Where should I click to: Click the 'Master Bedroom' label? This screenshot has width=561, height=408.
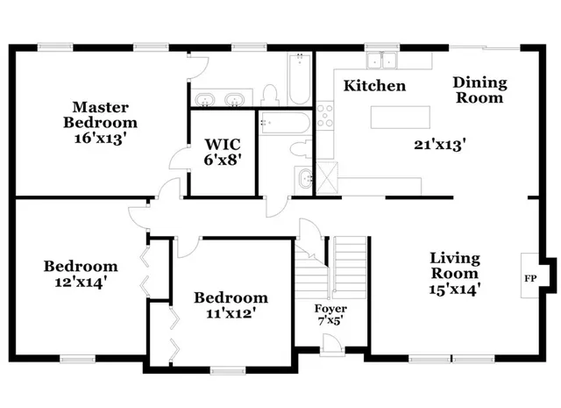[104, 114]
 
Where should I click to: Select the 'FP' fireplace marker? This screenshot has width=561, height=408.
[530, 278]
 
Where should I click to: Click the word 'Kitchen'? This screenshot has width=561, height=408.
[374, 86]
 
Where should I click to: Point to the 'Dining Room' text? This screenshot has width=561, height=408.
[479, 90]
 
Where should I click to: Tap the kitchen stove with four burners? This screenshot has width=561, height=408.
[325, 114]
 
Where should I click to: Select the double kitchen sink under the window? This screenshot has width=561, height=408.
[381, 61]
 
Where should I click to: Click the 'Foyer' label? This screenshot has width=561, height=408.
[330, 309]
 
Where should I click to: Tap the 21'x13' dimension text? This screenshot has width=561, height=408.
[439, 143]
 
